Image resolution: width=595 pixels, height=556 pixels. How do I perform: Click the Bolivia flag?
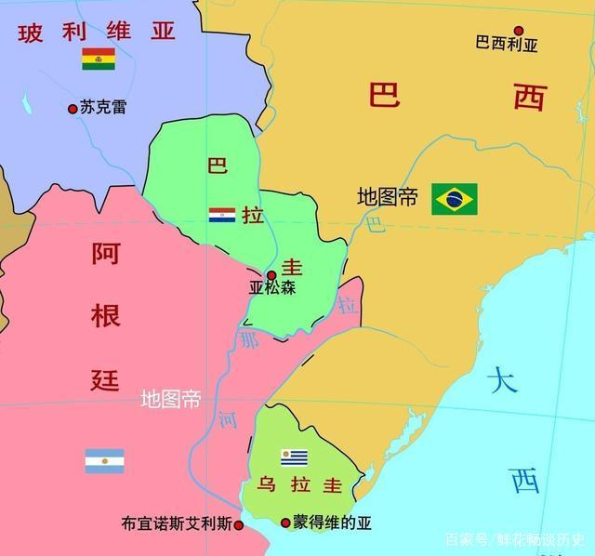point(98,60)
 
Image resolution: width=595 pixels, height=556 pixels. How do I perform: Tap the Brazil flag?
point(454,198)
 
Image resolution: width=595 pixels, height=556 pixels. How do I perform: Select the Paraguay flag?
point(221,215)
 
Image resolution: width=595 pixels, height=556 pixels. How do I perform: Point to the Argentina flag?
point(104,460)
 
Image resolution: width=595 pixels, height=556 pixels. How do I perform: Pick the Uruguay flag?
point(294,457)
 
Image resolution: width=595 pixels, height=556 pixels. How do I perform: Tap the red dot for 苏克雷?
point(73,109)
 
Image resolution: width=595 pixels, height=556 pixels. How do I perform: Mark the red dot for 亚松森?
point(271,275)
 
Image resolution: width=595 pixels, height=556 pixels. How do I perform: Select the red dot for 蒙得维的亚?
point(284,523)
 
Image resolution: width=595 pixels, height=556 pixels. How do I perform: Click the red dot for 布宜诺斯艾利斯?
point(239,525)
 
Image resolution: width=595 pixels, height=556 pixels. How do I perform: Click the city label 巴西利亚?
point(506,44)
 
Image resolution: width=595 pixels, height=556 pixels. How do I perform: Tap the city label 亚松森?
point(271,289)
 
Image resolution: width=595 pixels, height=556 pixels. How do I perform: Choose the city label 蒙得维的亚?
point(332,523)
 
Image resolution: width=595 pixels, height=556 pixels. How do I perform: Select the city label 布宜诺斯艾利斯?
point(176,524)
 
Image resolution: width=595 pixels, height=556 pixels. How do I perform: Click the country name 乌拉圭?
point(299,486)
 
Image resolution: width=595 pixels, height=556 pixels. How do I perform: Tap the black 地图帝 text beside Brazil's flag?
point(388,197)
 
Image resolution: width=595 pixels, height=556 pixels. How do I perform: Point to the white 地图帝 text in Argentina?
point(170,400)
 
